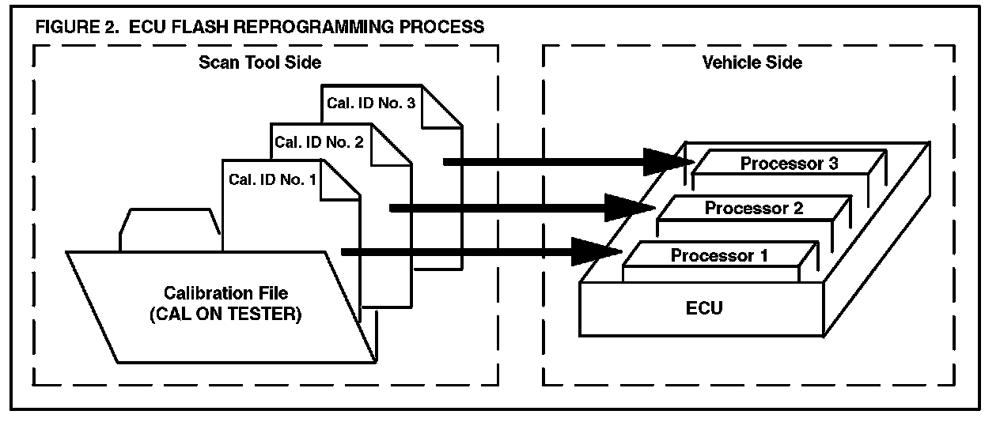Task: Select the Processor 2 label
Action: tap(754, 209)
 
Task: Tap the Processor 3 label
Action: tap(789, 164)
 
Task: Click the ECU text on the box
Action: tap(703, 307)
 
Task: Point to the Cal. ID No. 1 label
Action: tap(272, 179)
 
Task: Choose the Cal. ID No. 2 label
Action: tap(319, 142)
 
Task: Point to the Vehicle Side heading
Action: tap(752, 62)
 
